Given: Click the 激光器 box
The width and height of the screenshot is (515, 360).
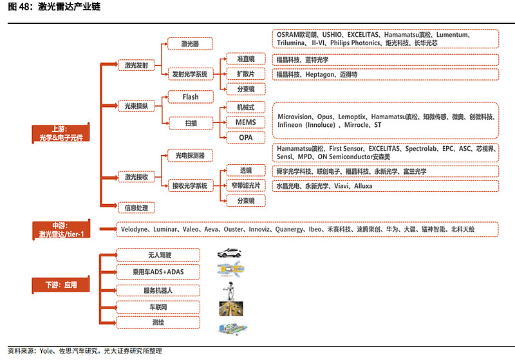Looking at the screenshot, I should coord(189,44).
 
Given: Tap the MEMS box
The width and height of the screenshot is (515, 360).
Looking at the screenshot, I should coord(245,122).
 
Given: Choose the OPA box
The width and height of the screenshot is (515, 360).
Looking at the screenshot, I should coord(245,137).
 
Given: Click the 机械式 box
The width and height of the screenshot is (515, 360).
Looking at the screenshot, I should coord(245,107).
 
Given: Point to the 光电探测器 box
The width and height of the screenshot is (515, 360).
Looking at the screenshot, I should coord(189,155).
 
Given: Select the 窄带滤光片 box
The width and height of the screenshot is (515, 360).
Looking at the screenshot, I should coord(245,186).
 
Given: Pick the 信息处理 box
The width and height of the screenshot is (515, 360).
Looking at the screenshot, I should coord(136,207).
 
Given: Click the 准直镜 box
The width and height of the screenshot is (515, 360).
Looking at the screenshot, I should coord(245,59).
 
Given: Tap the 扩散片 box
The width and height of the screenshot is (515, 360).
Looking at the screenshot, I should coord(245,74).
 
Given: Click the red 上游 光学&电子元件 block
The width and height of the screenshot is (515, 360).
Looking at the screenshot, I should coord(61,133).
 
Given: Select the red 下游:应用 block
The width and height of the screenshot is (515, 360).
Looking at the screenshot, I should coord(61,285).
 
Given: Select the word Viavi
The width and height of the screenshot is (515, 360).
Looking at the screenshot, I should coord(343,186).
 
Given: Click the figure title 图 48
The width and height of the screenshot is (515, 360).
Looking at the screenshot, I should coord(18,8).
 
